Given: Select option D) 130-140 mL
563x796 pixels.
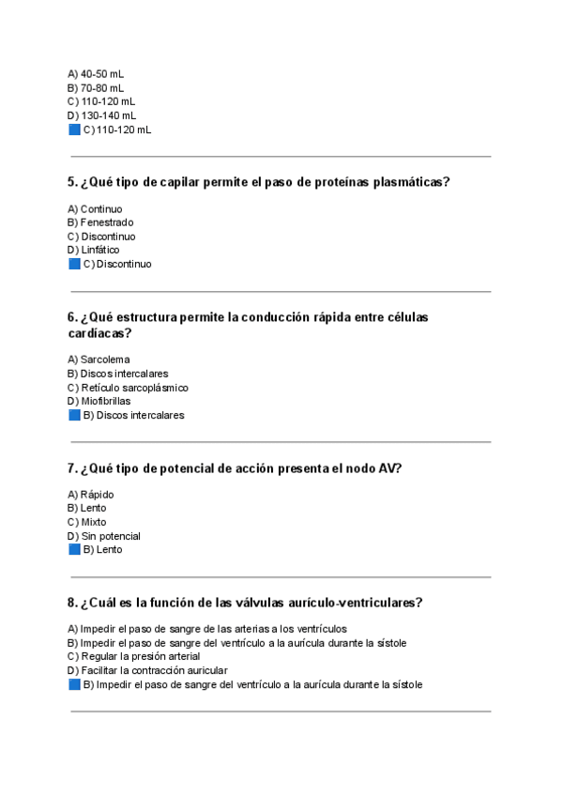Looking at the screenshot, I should (x=101, y=115).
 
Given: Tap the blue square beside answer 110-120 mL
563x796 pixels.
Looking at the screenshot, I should (x=74, y=130).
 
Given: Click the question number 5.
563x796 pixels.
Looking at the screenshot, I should (x=72, y=182).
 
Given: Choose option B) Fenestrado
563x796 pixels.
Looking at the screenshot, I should (x=99, y=222).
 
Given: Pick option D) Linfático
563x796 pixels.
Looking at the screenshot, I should (x=93, y=250).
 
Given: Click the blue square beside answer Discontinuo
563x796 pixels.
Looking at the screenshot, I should (x=74, y=264).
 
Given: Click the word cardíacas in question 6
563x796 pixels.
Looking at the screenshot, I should (x=99, y=333).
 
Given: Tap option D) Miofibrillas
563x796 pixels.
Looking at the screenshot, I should (x=99, y=401).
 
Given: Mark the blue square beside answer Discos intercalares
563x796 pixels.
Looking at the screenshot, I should (x=74, y=415).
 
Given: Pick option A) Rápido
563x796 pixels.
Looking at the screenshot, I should (x=91, y=495).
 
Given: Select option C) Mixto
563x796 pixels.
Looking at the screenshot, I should (x=86, y=522).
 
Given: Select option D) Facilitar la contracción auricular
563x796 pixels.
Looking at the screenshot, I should (x=147, y=671).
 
